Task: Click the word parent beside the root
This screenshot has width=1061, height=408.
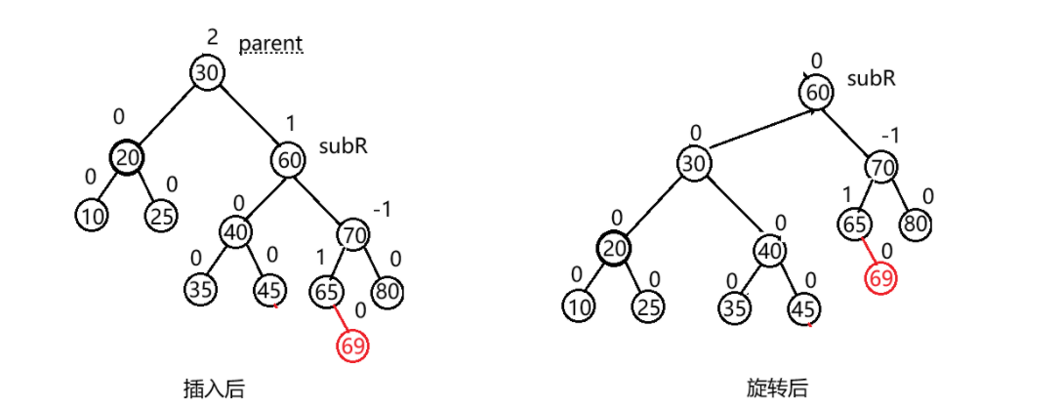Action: [x=271, y=45]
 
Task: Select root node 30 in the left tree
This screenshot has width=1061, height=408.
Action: [x=207, y=73]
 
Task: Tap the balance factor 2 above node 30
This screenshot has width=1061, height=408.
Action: [x=212, y=37]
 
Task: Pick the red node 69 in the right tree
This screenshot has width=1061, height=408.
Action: [x=880, y=277]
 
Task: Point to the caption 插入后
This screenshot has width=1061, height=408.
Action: [x=213, y=388]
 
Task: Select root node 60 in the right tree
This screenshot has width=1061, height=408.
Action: [x=817, y=93]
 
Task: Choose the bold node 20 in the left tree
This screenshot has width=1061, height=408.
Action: [x=126, y=157]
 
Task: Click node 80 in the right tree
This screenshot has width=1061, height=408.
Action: [x=915, y=224]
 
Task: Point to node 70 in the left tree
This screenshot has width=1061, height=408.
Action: [x=353, y=235]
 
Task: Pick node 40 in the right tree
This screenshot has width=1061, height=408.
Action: [x=769, y=251]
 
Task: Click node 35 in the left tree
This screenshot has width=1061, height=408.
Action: [x=202, y=290]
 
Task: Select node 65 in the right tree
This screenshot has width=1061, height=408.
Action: [x=856, y=224]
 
